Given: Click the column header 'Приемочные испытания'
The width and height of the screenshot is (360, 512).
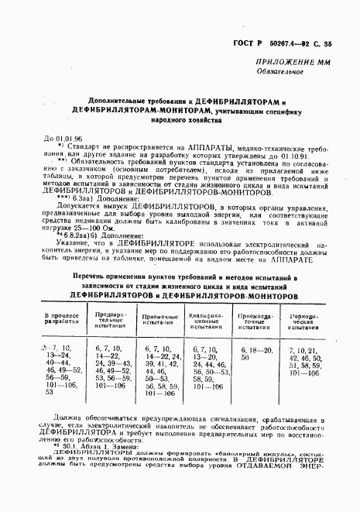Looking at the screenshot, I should click(161, 319).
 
